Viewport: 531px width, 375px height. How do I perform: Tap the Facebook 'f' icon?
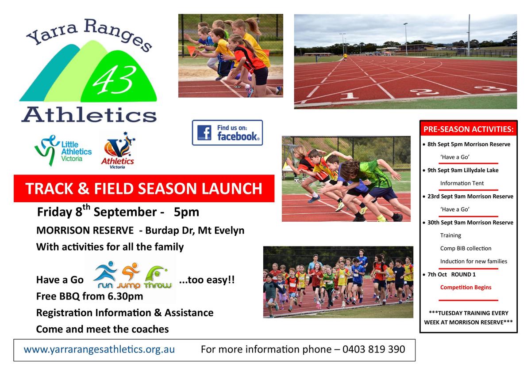pos(204,133)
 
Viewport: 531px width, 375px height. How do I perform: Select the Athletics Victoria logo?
pos(118,151)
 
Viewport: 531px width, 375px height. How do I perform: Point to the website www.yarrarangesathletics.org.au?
pos(99,349)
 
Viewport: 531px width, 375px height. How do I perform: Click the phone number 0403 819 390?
pos(373,349)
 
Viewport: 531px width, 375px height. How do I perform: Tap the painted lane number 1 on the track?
pos(349,96)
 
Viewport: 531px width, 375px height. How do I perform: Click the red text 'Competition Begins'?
pos(466,287)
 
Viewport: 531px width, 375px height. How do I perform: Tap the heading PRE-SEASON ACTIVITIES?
pos(469,129)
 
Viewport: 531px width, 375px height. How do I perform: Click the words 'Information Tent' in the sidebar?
pos(462,183)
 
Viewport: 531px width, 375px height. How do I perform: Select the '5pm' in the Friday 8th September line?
pos(186,212)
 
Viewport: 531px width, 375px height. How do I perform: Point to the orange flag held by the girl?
pos(191,51)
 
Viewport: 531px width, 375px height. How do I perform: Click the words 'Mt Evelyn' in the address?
pos(221,230)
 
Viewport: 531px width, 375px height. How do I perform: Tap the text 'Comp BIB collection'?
pos(466,248)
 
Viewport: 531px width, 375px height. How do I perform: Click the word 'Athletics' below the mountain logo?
pos(89,115)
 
